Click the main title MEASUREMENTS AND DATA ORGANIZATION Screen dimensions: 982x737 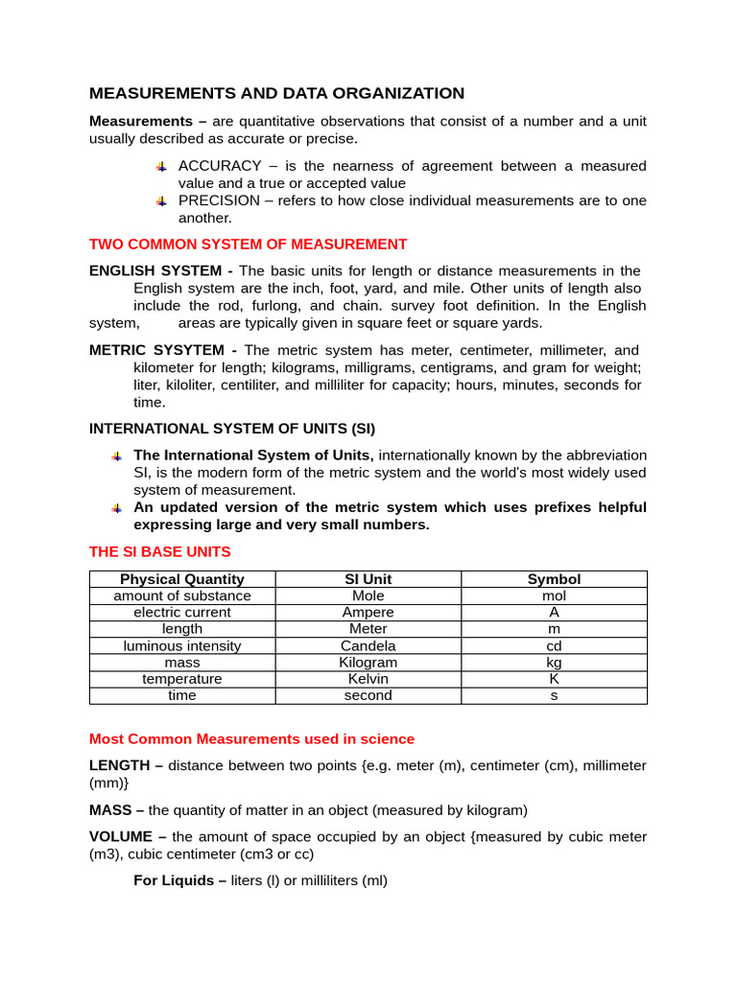[276, 93]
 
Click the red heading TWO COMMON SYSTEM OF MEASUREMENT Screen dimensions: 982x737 [248, 245]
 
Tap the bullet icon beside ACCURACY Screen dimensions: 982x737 [162, 167]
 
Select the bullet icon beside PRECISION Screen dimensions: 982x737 [162, 201]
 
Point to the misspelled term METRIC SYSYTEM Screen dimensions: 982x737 [162, 350]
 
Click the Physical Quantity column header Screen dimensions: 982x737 [181, 579]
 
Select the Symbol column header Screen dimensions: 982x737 [554, 579]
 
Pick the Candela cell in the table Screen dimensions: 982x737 [368, 645]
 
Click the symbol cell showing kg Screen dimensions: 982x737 [554, 663]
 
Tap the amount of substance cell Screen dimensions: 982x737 [181, 596]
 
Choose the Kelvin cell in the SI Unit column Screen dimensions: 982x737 [368, 679]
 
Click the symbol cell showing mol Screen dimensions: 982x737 [554, 596]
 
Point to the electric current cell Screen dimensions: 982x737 [181, 612]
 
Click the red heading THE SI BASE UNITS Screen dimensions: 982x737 [159, 551]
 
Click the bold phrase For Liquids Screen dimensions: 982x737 [178, 880]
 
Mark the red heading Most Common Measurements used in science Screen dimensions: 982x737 [251, 739]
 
